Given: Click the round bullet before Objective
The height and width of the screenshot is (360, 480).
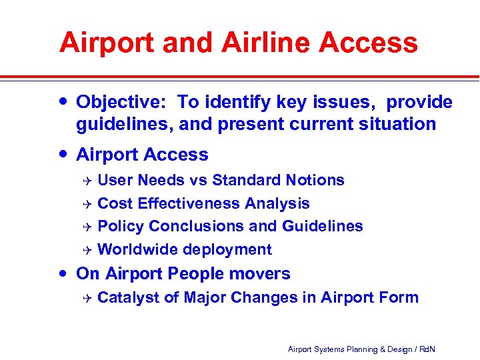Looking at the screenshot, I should (x=62, y=101).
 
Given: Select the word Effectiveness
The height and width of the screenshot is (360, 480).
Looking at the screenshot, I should (x=187, y=203).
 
